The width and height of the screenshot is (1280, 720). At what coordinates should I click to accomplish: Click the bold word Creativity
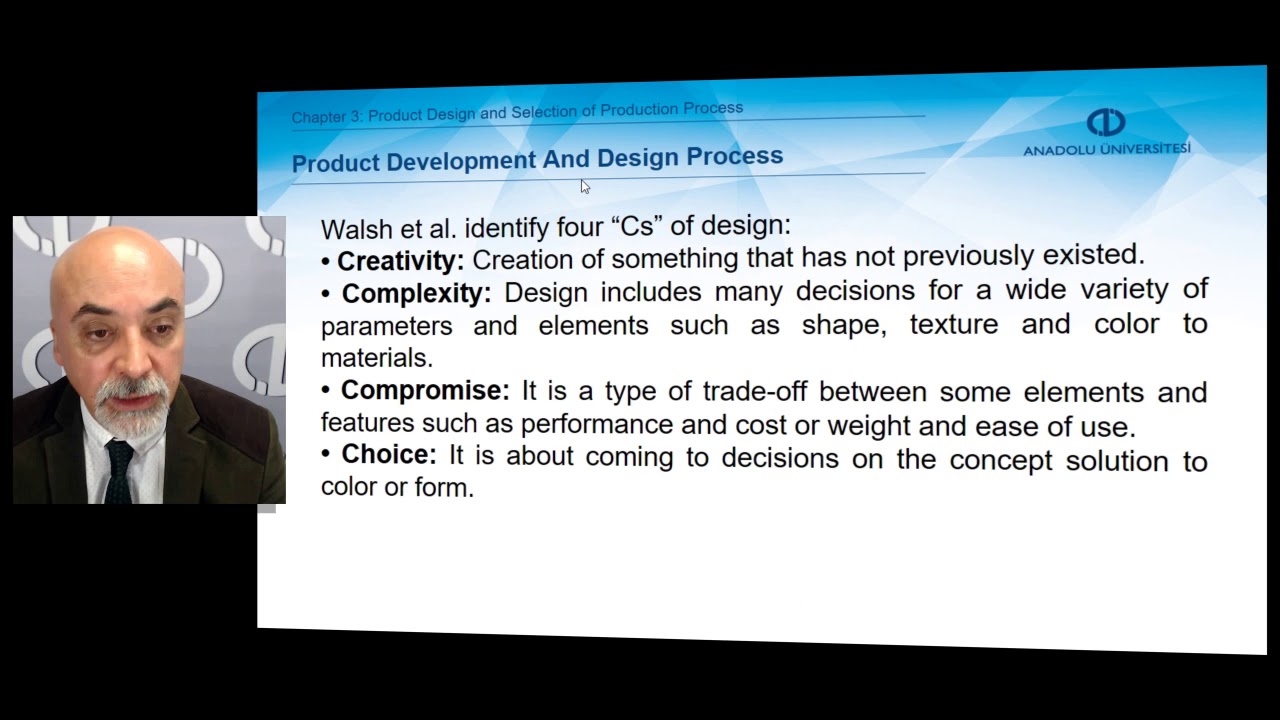click(400, 261)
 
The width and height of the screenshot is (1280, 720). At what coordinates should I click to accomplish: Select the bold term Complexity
click(416, 294)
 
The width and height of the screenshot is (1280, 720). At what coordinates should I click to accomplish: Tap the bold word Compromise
click(425, 390)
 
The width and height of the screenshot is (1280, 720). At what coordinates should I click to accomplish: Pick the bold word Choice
click(389, 455)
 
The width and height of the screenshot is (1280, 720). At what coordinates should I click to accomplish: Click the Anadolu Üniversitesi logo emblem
click(1106, 123)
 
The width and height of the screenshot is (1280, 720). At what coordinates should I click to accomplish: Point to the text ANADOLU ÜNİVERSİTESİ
click(1106, 149)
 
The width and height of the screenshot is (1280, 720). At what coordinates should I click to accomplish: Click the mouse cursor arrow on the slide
click(585, 186)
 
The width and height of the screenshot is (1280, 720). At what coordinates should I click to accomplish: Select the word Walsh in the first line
click(357, 228)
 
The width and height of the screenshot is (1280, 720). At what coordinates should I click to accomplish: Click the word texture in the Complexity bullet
click(953, 324)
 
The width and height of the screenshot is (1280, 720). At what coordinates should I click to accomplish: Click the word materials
click(376, 358)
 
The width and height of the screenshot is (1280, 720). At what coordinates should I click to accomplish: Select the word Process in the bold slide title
click(734, 157)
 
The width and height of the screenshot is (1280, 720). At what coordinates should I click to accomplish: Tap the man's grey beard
click(130, 410)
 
